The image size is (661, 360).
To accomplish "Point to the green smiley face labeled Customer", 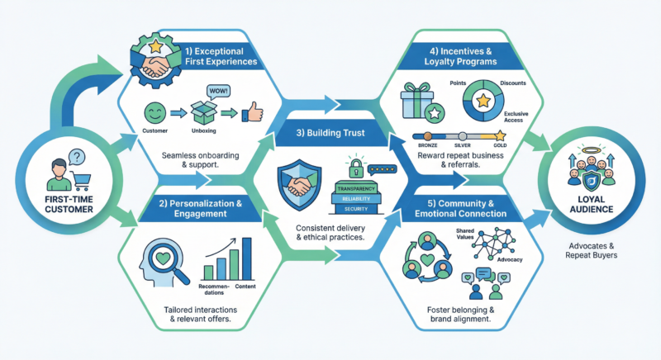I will coord(155,111).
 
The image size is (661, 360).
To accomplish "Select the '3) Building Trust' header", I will coord(330,131).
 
